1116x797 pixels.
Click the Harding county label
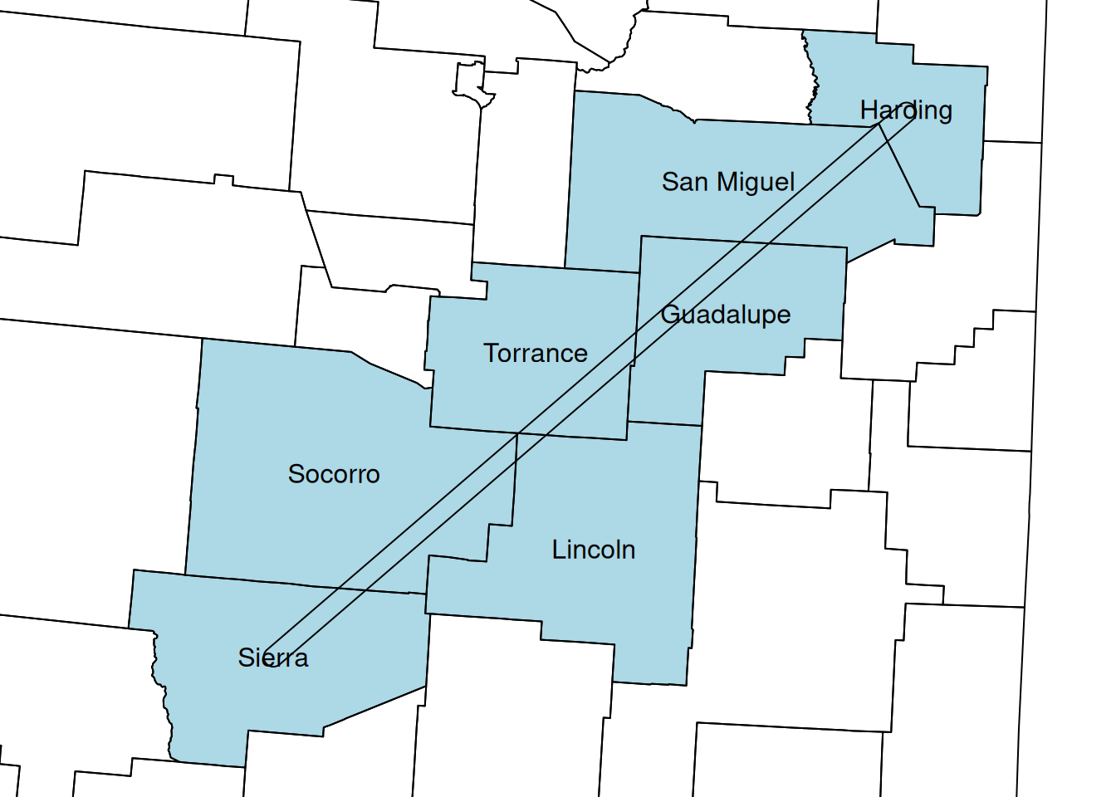(x=906, y=110)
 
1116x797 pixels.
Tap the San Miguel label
(x=728, y=182)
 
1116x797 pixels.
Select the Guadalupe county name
(x=726, y=315)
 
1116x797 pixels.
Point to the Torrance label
(x=536, y=354)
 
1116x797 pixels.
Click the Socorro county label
(x=334, y=474)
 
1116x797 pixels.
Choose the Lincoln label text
(x=594, y=550)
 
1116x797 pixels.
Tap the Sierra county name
(x=273, y=658)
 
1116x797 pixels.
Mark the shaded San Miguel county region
(x=631, y=224)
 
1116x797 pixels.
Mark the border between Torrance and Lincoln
(x=573, y=436)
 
